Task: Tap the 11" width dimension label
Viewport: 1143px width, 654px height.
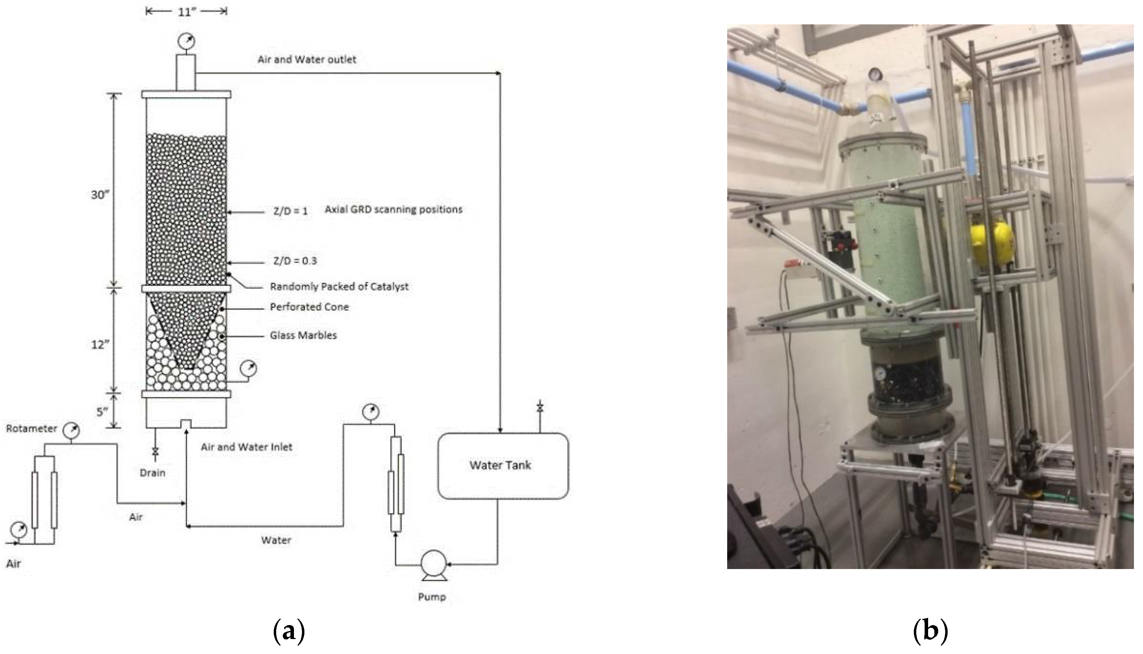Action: click(186, 12)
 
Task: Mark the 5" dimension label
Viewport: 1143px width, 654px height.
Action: click(102, 411)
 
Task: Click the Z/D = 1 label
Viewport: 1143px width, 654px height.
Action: click(290, 211)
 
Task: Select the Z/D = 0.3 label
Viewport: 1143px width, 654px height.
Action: click(295, 260)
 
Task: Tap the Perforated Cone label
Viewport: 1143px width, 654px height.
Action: click(309, 307)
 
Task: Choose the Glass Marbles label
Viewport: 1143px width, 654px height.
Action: click(303, 335)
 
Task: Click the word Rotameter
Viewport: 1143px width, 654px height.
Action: click(31, 429)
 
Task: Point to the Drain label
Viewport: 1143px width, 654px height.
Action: click(152, 473)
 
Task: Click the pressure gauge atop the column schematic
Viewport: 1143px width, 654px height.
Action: click(186, 42)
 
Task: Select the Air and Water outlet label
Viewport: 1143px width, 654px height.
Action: click(307, 59)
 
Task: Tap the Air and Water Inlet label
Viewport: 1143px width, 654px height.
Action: click(246, 447)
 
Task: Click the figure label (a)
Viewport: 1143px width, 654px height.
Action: click(289, 631)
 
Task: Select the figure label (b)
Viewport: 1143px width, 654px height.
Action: click(930, 631)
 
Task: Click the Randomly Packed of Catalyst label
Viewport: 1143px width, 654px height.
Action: click(339, 287)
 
